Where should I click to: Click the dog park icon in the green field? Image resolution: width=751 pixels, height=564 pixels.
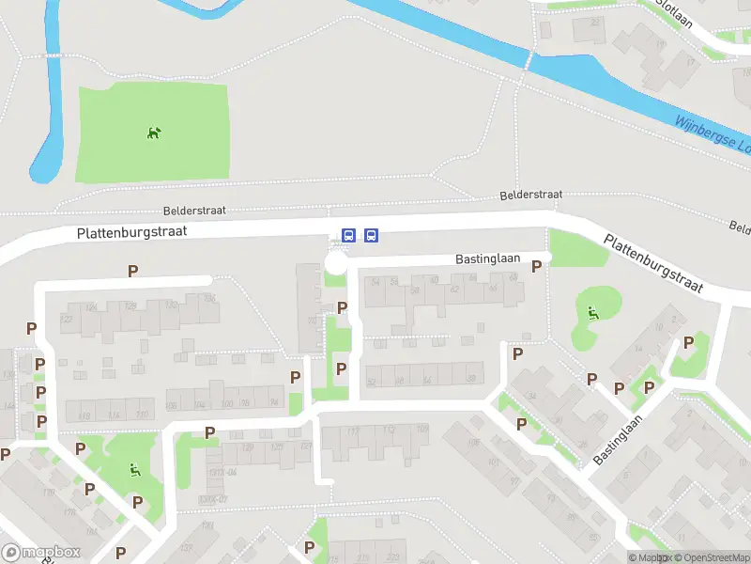pyautogui.click(x=154, y=133)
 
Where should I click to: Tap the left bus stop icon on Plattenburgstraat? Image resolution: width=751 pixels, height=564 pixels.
pyautogui.click(x=349, y=235)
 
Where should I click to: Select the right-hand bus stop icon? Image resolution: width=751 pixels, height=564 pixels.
pyautogui.click(x=372, y=235)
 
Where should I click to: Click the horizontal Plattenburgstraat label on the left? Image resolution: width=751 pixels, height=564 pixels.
pyautogui.click(x=132, y=231)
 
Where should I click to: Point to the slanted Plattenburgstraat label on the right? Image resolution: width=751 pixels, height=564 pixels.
pyautogui.click(x=654, y=265)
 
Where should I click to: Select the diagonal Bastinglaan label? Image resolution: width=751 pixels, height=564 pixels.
pyautogui.click(x=622, y=439)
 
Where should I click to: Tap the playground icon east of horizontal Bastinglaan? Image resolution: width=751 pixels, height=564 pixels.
pyautogui.click(x=592, y=313)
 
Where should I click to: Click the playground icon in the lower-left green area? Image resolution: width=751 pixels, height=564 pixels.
pyautogui.click(x=134, y=470)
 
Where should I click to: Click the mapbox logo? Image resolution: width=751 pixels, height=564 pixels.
pyautogui.click(x=41, y=552)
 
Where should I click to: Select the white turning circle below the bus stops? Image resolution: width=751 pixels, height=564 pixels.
pyautogui.click(x=335, y=263)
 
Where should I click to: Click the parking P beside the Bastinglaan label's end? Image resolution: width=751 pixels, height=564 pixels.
pyautogui.click(x=536, y=266)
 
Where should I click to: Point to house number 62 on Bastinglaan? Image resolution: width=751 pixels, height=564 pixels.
pyautogui.click(x=453, y=290)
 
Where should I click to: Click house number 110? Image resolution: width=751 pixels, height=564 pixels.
pyautogui.click(x=142, y=415)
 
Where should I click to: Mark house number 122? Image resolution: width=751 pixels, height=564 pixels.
pyautogui.click(x=66, y=319)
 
